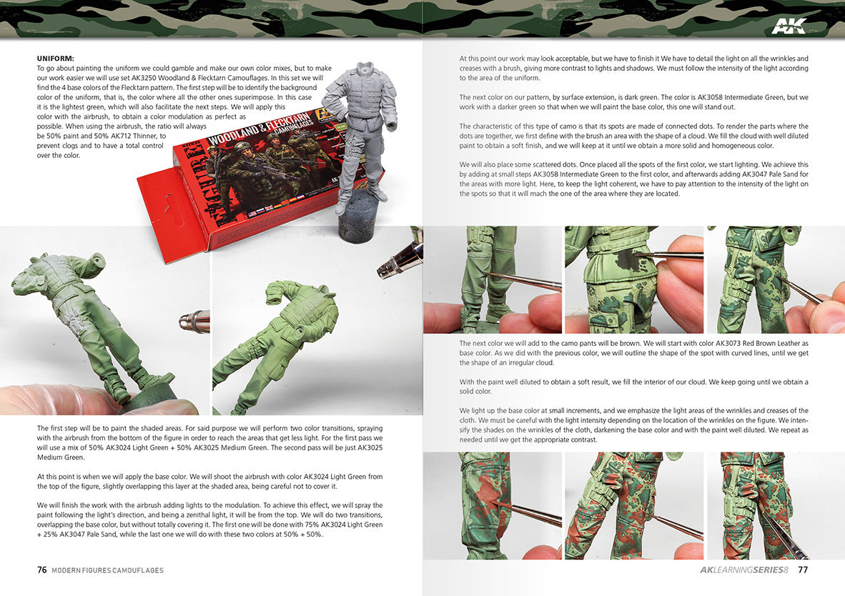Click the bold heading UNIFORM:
coord(56,58)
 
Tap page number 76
coord(42,570)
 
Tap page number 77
coord(802,570)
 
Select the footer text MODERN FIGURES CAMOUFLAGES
coord(107,570)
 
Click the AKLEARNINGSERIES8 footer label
coord(744,570)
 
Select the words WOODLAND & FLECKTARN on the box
coord(260,127)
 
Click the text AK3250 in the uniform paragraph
coord(143,78)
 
